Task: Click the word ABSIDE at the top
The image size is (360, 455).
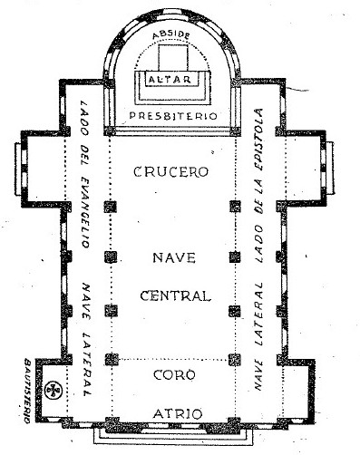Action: (x=171, y=34)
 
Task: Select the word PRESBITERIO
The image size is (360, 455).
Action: (x=173, y=116)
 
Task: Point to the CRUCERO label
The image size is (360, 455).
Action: (x=171, y=171)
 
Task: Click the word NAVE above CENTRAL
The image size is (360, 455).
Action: (x=174, y=257)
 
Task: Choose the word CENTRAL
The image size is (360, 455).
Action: (x=175, y=295)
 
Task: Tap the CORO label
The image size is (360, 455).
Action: (x=174, y=375)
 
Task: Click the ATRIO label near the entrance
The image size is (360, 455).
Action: (x=178, y=413)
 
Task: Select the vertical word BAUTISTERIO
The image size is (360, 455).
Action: (x=27, y=391)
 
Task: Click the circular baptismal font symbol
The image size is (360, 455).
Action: (x=54, y=389)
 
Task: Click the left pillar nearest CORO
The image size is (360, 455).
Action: (x=112, y=360)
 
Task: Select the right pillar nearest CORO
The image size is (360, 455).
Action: (x=235, y=360)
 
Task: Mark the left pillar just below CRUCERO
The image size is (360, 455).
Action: (x=111, y=207)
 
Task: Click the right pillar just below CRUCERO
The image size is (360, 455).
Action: (x=235, y=207)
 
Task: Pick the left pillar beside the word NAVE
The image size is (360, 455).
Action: (x=111, y=257)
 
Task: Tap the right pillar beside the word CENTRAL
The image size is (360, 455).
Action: (x=235, y=311)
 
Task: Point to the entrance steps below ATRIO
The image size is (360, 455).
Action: (x=172, y=437)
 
